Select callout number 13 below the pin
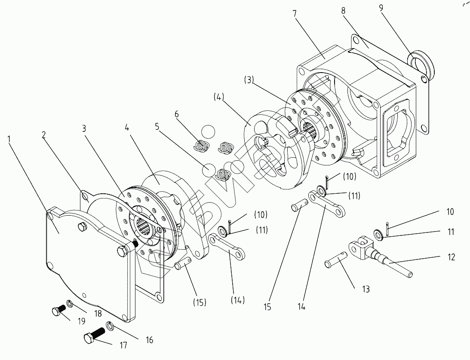pyautogui.click(x=366, y=289)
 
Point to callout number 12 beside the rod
pyautogui.click(x=451, y=257)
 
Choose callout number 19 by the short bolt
pyautogui.click(x=81, y=320)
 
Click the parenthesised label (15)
pyautogui.click(x=199, y=302)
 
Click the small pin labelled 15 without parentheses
pyautogui.click(x=299, y=207)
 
